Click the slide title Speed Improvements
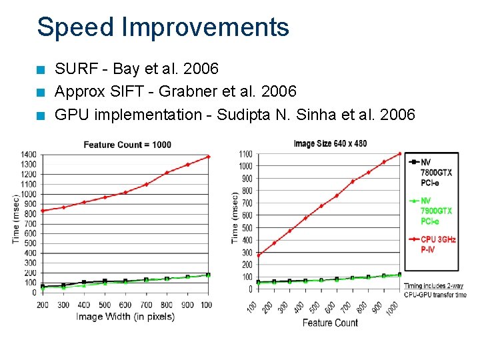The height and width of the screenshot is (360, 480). [163, 27]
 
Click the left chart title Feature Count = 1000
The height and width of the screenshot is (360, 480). [127, 145]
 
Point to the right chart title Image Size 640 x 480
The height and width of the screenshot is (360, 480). [330, 143]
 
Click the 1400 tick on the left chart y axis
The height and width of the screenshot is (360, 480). [28, 154]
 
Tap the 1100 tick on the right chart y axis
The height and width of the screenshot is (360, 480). [245, 154]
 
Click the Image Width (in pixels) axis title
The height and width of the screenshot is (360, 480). [125, 317]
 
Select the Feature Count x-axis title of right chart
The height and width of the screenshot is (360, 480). [330, 323]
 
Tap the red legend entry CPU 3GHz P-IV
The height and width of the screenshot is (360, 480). [437, 244]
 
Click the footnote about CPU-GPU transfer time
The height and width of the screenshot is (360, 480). [435, 290]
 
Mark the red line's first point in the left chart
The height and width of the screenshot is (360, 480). [43, 211]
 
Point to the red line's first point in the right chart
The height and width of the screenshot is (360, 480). [258, 255]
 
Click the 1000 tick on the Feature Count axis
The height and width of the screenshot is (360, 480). [394, 309]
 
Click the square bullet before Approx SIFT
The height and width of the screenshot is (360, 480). [41, 92]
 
